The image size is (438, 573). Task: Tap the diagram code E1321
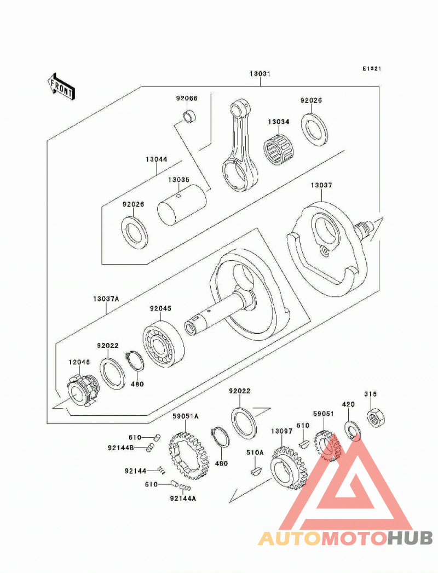click(372, 68)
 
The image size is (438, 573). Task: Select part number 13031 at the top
click(260, 74)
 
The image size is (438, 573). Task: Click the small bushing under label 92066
click(189, 117)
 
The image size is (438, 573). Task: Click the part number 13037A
click(106, 299)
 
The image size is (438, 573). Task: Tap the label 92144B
click(120, 448)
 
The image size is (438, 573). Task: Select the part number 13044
click(157, 159)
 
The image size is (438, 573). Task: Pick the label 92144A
click(183, 498)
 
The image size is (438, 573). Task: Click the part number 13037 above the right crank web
click(321, 185)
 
